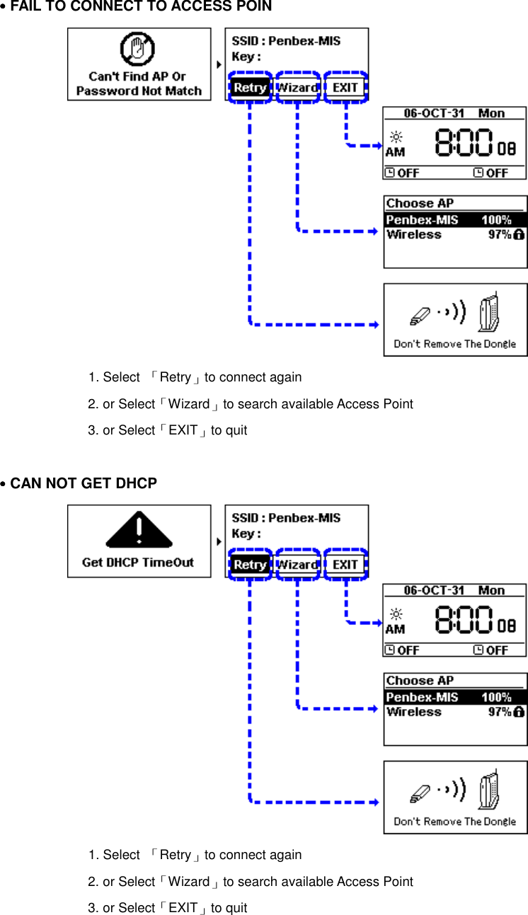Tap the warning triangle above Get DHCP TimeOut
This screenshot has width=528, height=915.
pyautogui.click(x=139, y=530)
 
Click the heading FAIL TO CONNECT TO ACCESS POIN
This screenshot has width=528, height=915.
pyautogui.click(x=140, y=7)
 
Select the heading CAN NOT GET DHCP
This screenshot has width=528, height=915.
pyautogui.click(x=83, y=484)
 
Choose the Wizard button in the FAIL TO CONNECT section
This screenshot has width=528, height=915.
pyautogui.click(x=297, y=88)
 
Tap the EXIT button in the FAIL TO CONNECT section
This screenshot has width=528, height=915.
pyautogui.click(x=345, y=88)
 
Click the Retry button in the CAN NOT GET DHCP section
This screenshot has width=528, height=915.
pyautogui.click(x=250, y=565)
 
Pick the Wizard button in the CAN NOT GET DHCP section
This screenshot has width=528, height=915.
pyautogui.click(x=297, y=565)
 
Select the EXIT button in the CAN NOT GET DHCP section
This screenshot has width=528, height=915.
pyautogui.click(x=345, y=565)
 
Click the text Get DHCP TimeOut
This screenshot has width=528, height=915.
pyautogui.click(x=138, y=563)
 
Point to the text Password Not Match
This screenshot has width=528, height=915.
pyautogui.click(x=139, y=91)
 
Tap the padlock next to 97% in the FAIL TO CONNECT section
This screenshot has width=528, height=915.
pyautogui.click(x=519, y=234)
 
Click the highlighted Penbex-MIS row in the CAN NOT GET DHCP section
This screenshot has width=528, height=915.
pyautogui.click(x=454, y=698)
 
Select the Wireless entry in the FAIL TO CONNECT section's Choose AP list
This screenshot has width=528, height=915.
pyautogui.click(x=414, y=235)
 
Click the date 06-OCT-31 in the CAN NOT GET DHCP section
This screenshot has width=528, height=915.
pyautogui.click(x=434, y=591)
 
